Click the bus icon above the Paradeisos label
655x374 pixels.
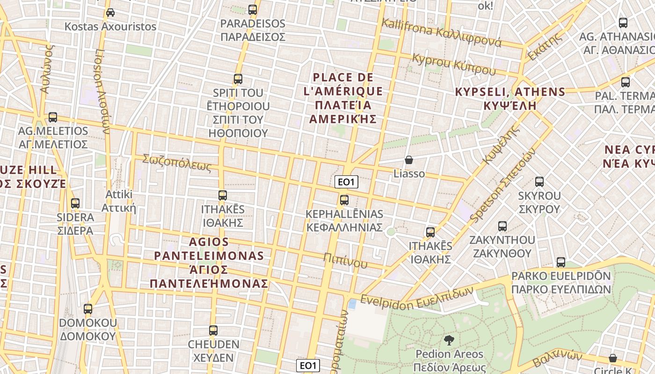click(253, 9)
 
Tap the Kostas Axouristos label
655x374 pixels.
click(110, 26)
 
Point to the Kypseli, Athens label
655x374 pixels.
click(510, 98)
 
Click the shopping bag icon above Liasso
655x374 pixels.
click(409, 160)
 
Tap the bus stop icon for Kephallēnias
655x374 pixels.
click(344, 200)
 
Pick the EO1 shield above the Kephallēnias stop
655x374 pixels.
click(347, 182)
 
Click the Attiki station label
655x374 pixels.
click(119, 201)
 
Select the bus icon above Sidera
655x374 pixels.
click(75, 203)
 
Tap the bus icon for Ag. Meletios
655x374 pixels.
click(53, 117)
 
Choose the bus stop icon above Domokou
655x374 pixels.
click(88, 309)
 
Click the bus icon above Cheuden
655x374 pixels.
click(213, 331)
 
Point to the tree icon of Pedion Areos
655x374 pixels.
click(449, 340)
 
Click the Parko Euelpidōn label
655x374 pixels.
click(561, 282)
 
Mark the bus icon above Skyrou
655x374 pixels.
click(539, 182)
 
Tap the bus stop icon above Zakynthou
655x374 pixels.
click(502, 226)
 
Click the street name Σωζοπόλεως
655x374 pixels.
click(177, 163)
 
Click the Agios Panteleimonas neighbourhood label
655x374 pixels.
click(209, 263)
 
